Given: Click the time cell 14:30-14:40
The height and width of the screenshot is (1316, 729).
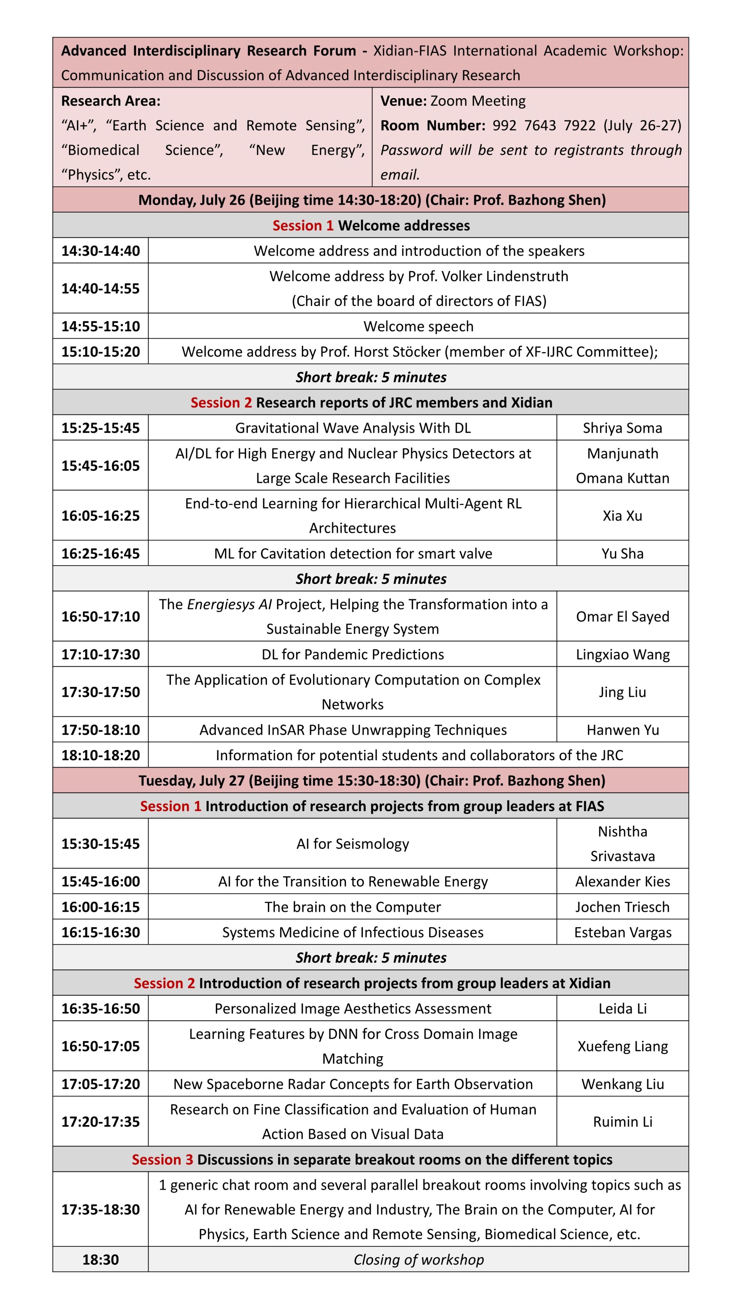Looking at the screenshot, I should point(100,251).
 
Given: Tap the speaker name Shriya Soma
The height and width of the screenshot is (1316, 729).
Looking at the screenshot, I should point(622,428).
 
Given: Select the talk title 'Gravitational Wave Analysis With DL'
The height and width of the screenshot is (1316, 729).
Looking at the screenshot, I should point(352,428).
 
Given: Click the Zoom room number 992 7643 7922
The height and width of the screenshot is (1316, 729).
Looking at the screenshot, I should point(543,126).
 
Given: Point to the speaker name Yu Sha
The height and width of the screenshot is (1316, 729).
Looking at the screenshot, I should point(622,554).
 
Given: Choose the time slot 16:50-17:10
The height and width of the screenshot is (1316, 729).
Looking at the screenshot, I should point(100,617).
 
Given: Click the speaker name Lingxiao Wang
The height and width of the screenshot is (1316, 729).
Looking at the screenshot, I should point(622,655).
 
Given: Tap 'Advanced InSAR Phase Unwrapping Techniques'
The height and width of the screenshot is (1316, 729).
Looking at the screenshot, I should point(352,730).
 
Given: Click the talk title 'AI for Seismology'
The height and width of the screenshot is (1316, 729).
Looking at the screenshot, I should point(352,844).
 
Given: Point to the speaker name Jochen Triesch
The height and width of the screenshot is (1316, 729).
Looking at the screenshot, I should point(622,907).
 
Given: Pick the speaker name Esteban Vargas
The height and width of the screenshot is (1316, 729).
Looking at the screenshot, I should point(622,933).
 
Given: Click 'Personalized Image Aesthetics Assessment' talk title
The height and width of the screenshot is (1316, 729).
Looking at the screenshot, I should point(352,1009).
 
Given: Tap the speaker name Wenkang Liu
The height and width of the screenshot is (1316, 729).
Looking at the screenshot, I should point(622,1084).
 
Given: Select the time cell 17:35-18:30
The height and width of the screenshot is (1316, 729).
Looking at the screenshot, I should point(100,1210).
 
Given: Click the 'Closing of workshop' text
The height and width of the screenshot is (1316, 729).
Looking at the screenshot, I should point(418,1260).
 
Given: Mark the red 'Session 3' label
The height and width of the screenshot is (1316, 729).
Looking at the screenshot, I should point(162,1160).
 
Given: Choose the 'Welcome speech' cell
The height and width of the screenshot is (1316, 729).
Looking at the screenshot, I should point(418,327).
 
